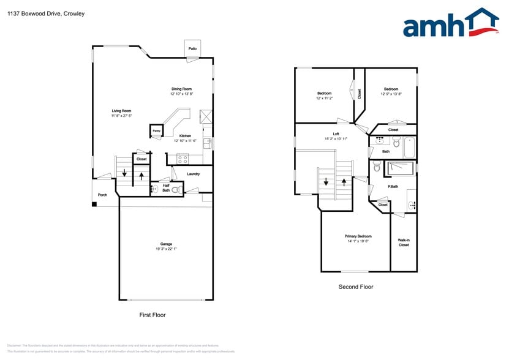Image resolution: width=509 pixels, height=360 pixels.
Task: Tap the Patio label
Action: (192, 48)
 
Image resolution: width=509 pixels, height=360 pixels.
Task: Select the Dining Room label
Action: (181, 89)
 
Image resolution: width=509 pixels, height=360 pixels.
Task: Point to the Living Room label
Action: (121, 111)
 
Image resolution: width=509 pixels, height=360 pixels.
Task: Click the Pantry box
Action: (156, 131)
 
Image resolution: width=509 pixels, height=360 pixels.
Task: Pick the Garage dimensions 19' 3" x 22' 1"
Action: (166, 249)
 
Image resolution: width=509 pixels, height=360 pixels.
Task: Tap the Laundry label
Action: (194, 174)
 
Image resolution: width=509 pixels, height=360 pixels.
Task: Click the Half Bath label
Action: (166, 187)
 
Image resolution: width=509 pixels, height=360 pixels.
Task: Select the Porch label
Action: (102, 195)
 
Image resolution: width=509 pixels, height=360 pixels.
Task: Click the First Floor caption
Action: (152, 315)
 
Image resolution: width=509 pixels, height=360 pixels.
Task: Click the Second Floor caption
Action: (356, 287)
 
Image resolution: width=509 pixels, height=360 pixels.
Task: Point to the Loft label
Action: (336, 134)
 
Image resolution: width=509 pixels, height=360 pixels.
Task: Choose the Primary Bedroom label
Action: (358, 236)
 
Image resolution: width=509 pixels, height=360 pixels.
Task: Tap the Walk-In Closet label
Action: (404, 242)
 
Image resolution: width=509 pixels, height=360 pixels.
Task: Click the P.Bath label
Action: (393, 186)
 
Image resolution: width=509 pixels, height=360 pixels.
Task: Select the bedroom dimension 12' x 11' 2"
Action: (324, 98)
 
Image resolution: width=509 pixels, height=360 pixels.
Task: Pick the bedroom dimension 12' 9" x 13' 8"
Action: (391, 94)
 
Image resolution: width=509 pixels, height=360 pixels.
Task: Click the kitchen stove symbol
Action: (183, 158)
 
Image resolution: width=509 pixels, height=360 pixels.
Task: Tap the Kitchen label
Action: (185, 136)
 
